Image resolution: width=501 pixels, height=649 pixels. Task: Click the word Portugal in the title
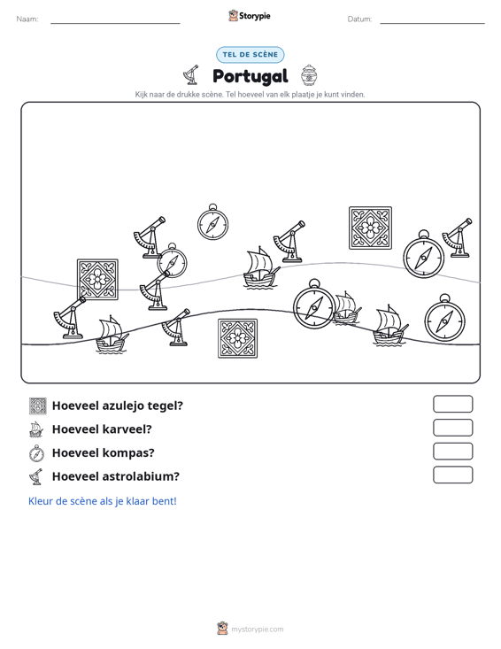(250, 76)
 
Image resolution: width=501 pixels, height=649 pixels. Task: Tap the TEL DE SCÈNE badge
(250, 55)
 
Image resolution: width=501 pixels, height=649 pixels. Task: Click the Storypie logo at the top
(249, 16)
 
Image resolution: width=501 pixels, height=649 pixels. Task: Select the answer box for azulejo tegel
(453, 404)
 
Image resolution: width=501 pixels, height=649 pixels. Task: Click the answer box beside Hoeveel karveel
(453, 428)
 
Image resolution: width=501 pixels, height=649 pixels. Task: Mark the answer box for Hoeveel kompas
(453, 452)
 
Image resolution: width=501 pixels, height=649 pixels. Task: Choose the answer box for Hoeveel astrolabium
(453, 475)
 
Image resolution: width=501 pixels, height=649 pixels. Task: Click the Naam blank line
(115, 23)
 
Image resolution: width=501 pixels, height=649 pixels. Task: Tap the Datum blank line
(432, 23)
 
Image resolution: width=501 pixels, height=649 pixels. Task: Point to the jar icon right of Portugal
(309, 75)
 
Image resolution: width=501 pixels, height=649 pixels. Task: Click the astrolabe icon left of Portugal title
(191, 75)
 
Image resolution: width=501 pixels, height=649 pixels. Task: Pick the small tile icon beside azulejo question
(38, 406)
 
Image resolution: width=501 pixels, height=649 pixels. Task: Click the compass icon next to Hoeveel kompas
(37, 453)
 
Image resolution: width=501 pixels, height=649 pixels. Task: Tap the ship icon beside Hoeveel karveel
(36, 429)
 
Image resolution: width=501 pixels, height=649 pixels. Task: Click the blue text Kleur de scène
(103, 501)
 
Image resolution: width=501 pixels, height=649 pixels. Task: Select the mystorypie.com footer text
(258, 630)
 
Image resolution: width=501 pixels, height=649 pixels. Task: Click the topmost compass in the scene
(212, 222)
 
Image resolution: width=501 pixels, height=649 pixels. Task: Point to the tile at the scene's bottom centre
(238, 338)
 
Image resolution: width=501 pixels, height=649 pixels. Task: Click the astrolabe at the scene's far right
(458, 237)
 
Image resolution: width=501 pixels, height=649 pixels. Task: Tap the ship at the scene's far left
(112, 335)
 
